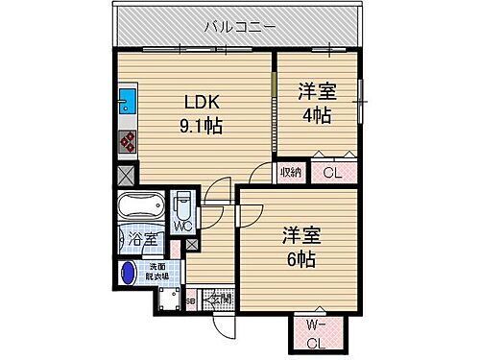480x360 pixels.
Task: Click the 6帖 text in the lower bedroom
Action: pyautogui.click(x=300, y=259)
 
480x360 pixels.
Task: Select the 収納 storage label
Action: pyautogui.click(x=292, y=173)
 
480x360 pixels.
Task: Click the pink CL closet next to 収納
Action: pyautogui.click(x=330, y=174)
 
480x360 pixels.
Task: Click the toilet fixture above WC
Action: pyautogui.click(x=182, y=205)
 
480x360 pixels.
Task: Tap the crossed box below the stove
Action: pyautogui.click(x=127, y=177)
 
